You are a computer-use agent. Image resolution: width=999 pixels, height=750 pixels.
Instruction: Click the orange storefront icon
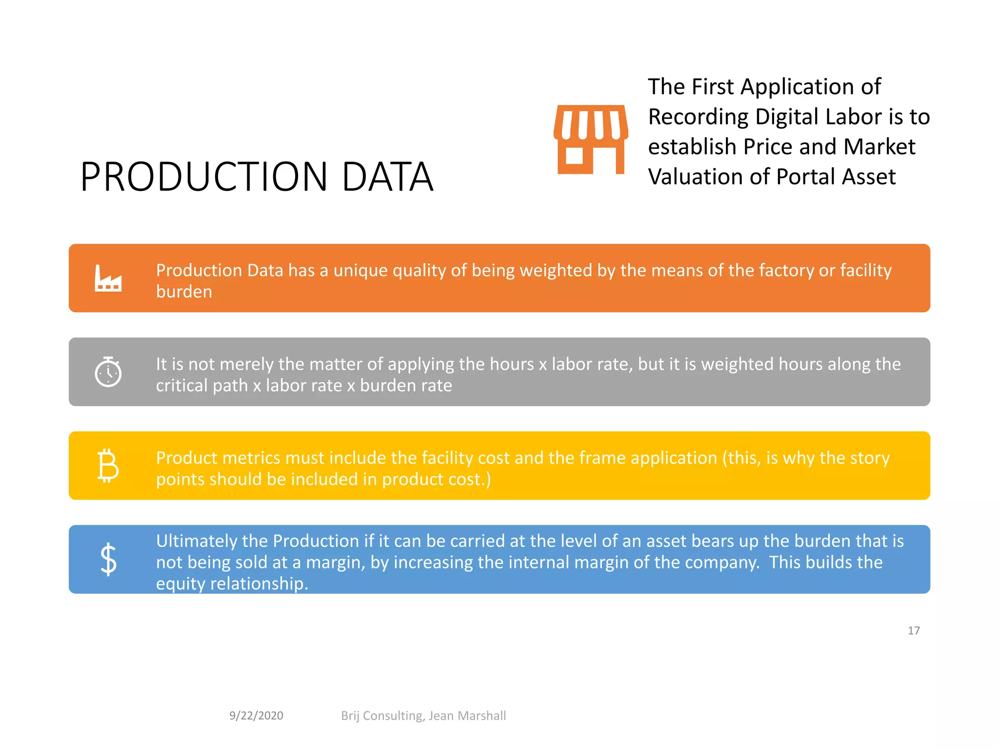pyautogui.click(x=591, y=140)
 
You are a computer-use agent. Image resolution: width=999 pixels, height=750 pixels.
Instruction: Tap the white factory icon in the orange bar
pyautogui.click(x=108, y=278)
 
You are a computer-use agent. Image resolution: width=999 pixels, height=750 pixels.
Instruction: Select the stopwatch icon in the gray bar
pyautogui.click(x=108, y=372)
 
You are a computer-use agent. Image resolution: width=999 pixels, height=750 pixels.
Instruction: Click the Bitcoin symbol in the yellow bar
pyautogui.click(x=108, y=466)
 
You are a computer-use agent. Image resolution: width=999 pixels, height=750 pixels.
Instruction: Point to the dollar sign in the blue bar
pyautogui.click(x=108, y=560)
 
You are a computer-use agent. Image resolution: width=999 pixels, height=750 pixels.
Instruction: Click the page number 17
pyautogui.click(x=914, y=631)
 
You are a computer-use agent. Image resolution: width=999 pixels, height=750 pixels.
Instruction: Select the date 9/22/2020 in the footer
pyautogui.click(x=256, y=716)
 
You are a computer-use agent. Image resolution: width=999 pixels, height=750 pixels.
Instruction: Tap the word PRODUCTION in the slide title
pyautogui.click(x=204, y=177)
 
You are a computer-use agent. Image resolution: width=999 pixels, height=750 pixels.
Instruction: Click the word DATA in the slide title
pyautogui.click(x=387, y=177)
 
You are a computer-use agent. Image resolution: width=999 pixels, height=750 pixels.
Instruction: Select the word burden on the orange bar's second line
pyautogui.click(x=184, y=292)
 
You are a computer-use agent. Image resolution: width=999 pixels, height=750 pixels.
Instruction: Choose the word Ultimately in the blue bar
pyautogui.click(x=196, y=541)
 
